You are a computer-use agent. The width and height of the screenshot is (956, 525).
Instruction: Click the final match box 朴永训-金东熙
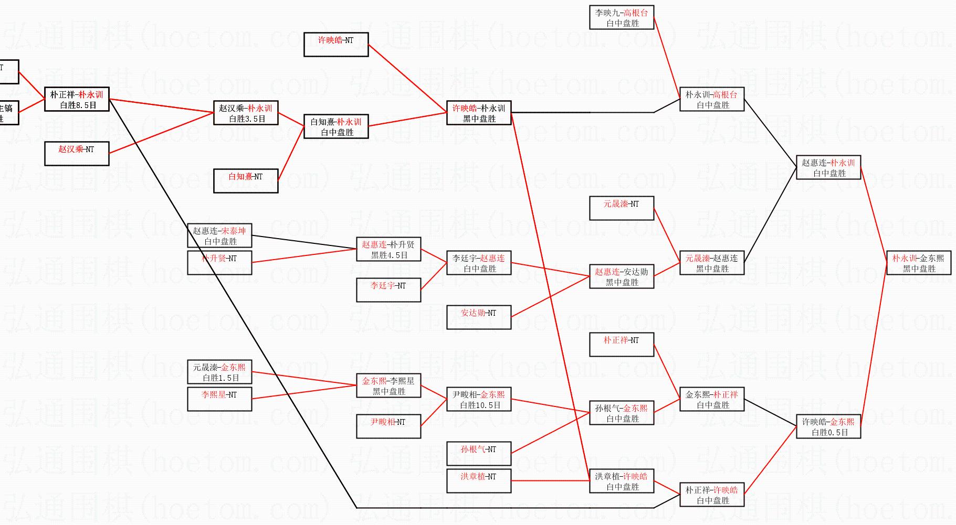click(x=919, y=263)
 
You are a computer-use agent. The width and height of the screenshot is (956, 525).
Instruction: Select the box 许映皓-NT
click(x=336, y=45)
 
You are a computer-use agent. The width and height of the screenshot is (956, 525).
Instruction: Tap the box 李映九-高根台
click(x=622, y=17)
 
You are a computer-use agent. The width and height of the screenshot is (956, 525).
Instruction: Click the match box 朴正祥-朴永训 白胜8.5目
click(x=77, y=99)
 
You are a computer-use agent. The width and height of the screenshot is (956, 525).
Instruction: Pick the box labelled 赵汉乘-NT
click(x=77, y=154)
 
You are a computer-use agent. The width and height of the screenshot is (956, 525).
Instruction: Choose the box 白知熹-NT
click(x=246, y=181)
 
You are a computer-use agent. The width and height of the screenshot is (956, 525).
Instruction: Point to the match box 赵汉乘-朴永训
click(x=246, y=113)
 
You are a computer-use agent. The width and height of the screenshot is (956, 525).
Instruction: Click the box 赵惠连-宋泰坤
click(x=219, y=235)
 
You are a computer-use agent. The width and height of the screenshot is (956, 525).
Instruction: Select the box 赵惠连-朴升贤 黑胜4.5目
click(x=388, y=249)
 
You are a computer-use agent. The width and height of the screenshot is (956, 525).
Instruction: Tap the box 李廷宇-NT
click(x=388, y=290)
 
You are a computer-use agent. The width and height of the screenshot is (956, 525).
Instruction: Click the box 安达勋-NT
click(x=479, y=317)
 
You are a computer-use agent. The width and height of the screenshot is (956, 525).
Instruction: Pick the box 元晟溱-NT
click(x=622, y=208)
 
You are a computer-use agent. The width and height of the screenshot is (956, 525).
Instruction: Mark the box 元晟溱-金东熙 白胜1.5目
click(x=219, y=372)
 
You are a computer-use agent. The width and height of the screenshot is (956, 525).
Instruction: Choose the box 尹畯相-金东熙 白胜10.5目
click(x=479, y=399)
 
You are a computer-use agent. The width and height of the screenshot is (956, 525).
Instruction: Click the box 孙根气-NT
click(x=479, y=454)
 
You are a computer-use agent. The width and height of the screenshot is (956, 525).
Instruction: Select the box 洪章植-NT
click(x=479, y=481)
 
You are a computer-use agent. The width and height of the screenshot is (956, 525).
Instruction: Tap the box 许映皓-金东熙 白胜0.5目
click(x=828, y=426)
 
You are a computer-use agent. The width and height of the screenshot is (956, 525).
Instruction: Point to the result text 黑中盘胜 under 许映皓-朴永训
click(x=479, y=119)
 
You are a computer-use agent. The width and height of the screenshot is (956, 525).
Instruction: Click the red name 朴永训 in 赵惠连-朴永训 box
click(x=843, y=163)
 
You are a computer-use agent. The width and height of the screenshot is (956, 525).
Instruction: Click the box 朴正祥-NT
click(x=622, y=345)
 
